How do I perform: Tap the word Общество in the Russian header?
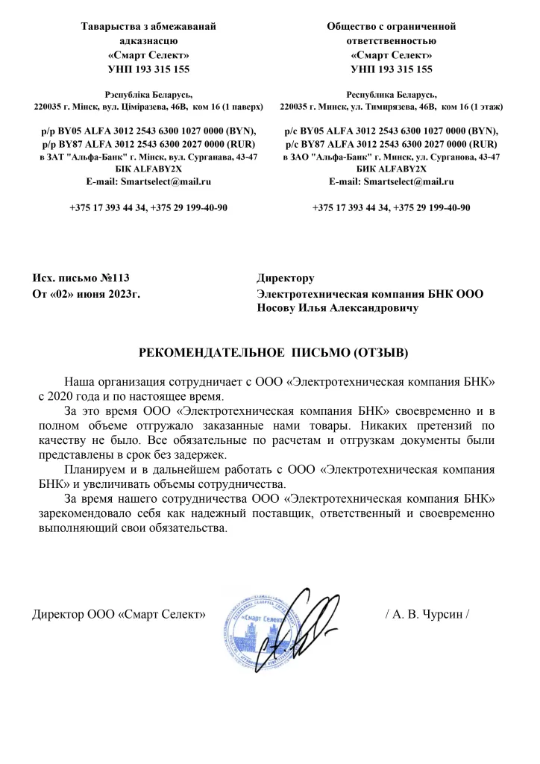click(x=356, y=26)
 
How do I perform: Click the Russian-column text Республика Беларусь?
click(x=391, y=94)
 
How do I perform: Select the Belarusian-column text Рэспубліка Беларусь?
click(x=148, y=94)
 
